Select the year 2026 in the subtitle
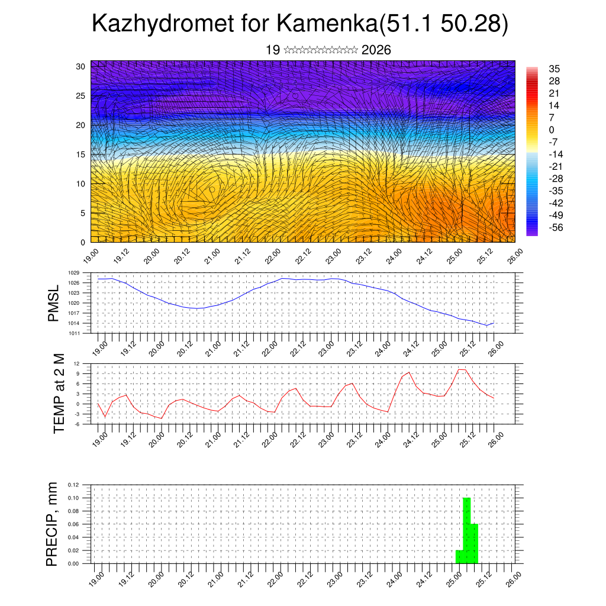pos(376,50)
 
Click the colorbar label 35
pos(555,69)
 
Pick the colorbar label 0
pos(552,130)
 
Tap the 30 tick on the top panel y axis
pos(81,66)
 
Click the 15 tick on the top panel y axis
pos(81,154)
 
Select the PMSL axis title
pos(53,303)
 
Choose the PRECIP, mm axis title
pos(53,524)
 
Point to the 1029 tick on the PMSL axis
pos(73,273)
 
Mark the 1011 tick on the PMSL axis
pos(73,333)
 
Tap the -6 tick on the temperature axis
pos(76,424)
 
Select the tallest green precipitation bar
pos(466,530)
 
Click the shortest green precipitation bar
pos(459,557)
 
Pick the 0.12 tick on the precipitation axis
pos(73,485)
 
